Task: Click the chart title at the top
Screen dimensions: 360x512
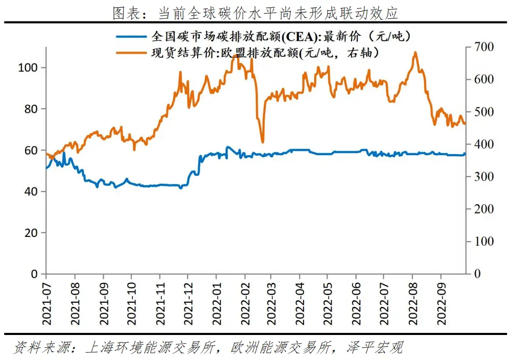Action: [x=255, y=12]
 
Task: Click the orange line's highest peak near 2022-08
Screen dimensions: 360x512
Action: [x=414, y=52]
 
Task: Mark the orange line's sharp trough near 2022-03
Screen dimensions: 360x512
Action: [x=263, y=142]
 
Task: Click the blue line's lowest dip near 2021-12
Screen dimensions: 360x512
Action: [x=180, y=188]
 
